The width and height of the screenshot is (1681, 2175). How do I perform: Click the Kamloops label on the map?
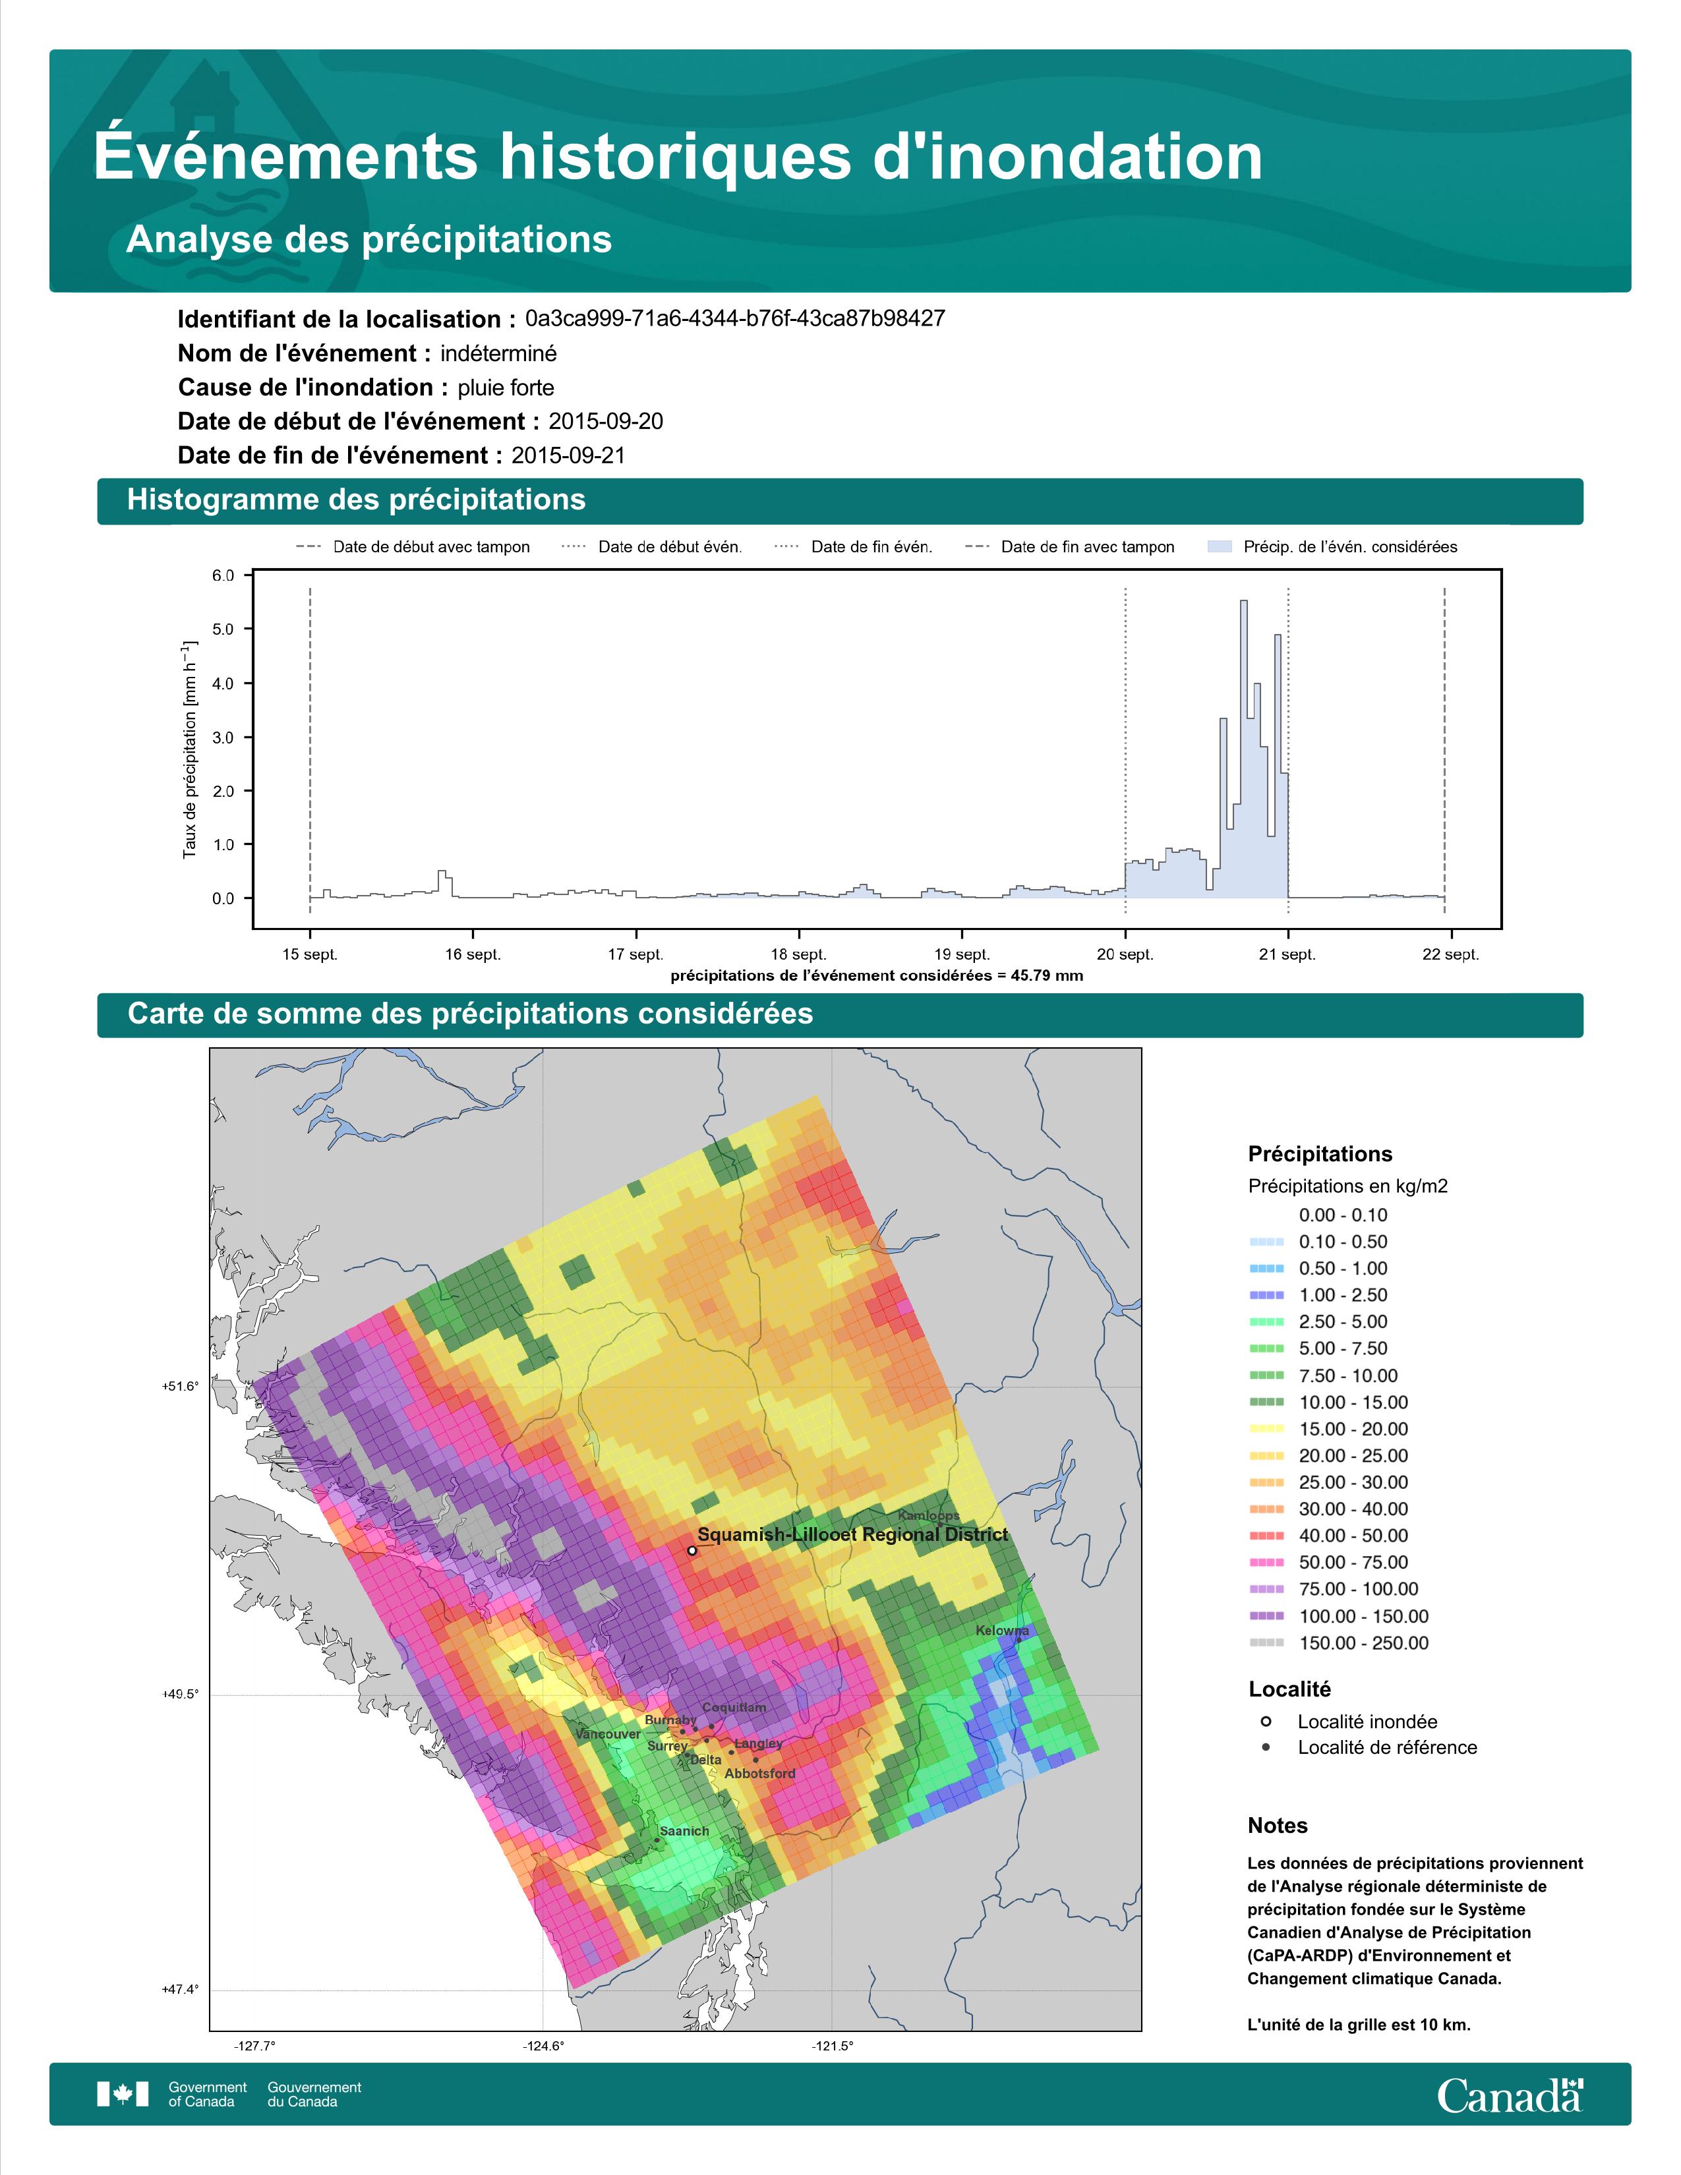tap(928, 1516)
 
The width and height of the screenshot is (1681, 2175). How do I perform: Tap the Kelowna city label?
tap(1002, 1630)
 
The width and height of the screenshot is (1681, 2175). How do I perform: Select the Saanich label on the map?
tap(684, 1830)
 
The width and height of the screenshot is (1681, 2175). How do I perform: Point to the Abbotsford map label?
tap(760, 1773)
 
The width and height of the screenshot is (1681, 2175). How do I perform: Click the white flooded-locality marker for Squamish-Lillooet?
tap(692, 1551)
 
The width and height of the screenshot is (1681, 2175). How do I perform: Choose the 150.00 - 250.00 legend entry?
tap(1363, 1643)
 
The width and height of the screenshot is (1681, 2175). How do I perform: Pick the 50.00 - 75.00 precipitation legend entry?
tap(1352, 1563)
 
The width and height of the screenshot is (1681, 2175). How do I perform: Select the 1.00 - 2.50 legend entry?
tap(1342, 1294)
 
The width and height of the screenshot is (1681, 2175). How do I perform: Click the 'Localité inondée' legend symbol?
tap(1266, 1721)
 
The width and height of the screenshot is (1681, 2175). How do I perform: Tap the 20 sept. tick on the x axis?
tap(1125, 954)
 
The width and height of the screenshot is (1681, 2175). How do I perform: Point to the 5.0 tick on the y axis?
tap(223, 629)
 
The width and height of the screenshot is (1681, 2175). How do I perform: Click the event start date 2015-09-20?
tap(605, 421)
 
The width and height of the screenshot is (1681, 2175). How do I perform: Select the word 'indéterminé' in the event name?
tap(499, 353)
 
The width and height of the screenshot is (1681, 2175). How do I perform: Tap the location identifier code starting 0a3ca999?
tap(735, 319)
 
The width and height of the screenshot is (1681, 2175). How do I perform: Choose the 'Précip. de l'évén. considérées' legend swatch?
tap(1219, 547)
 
